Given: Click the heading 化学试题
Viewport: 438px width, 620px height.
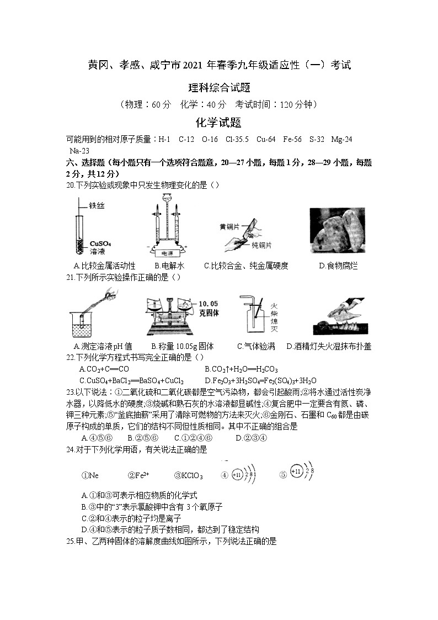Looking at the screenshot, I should pos(218,123).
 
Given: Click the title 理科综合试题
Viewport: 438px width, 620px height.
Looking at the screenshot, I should pos(218,87).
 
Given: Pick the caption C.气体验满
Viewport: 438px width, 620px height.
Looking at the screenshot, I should pos(256,347).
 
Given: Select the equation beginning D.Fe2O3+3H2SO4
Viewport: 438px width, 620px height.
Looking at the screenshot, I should pos(260,380).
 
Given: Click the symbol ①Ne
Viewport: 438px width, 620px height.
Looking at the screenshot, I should pos(90,475).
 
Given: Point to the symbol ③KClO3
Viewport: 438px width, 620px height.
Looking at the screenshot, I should pos(189,475).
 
